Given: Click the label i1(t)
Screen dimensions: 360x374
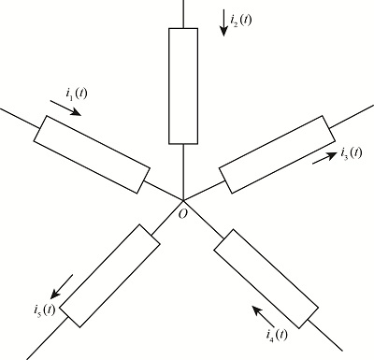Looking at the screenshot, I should click(77, 94).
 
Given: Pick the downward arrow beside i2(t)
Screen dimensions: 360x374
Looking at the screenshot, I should click(223, 22).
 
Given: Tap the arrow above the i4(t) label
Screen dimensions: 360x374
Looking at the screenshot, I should click(265, 310).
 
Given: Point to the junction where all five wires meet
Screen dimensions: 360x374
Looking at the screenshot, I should click(183, 198).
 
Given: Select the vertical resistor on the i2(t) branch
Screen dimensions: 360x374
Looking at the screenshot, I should click(183, 86).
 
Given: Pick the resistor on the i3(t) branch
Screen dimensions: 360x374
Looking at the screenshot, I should click(275, 154).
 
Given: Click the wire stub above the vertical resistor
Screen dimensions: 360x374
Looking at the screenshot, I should click(183, 13).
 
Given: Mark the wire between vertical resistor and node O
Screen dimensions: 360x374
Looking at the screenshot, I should click(183, 171).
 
